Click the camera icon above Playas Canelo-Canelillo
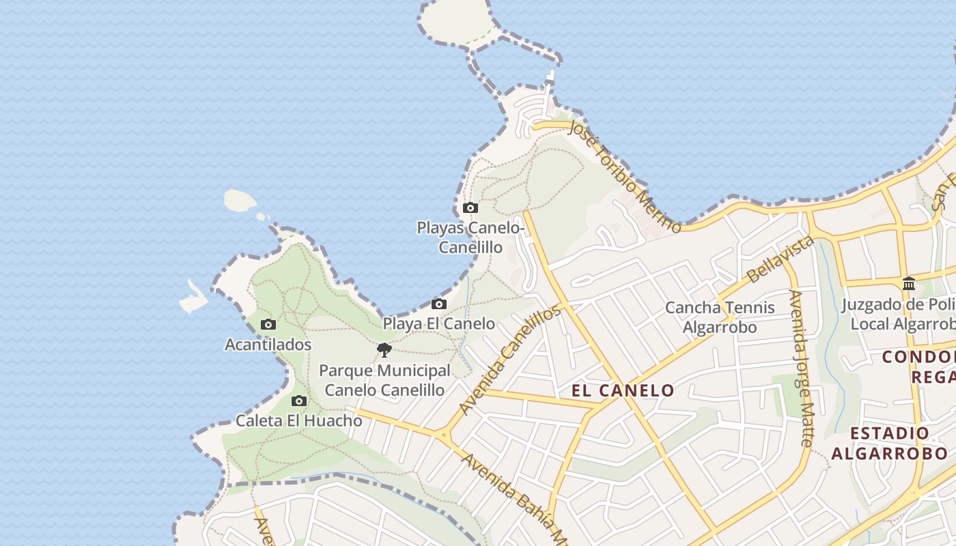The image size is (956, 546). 470,207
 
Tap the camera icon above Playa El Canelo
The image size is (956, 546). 439,304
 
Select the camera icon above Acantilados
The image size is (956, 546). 268,325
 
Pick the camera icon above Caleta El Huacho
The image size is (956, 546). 298,401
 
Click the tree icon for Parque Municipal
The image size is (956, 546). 384,350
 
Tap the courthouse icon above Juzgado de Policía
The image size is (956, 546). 909,283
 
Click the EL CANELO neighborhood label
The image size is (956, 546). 623,390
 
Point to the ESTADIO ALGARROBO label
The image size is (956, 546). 889,443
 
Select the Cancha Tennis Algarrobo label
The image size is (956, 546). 720,317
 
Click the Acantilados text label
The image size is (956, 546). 268,345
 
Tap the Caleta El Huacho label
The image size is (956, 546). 298,420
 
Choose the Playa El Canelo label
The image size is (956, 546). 439,324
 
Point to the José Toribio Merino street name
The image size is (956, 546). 623,175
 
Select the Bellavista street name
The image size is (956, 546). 781,260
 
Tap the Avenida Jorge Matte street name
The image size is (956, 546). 799,368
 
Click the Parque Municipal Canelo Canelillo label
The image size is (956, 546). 384,380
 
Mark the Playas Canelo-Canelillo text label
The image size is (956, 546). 470,237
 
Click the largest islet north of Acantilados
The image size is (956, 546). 240,200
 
